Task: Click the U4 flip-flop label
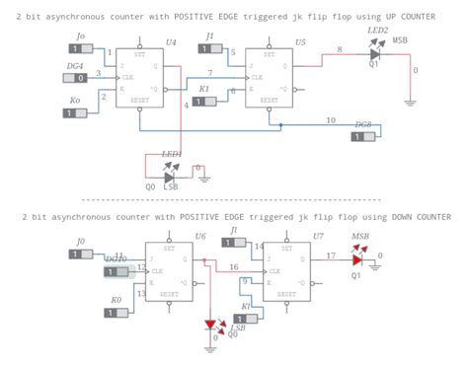(x=171, y=41)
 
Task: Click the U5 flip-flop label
(x=300, y=42)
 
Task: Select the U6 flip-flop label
(x=200, y=236)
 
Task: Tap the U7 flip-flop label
(x=318, y=236)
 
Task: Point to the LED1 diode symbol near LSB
(x=170, y=178)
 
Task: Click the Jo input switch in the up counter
(x=76, y=50)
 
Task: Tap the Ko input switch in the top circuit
(x=74, y=113)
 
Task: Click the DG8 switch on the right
(x=362, y=138)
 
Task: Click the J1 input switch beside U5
(x=207, y=50)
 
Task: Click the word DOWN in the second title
(x=390, y=216)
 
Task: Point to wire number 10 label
(x=330, y=119)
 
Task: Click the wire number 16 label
(x=233, y=267)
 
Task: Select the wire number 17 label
(x=331, y=255)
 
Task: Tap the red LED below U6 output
(x=210, y=325)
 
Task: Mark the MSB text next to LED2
(x=400, y=40)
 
